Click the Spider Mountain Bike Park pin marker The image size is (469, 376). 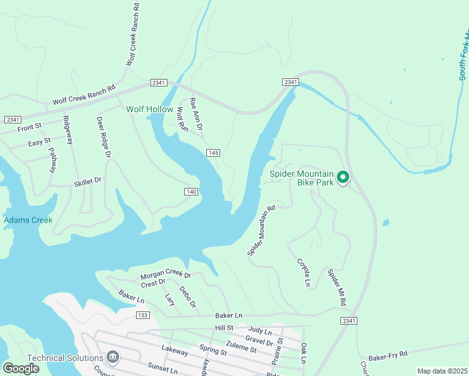(x=343, y=178)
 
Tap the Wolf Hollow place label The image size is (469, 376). (x=149, y=109)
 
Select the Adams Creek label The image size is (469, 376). (x=28, y=221)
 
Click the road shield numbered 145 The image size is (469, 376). (x=213, y=153)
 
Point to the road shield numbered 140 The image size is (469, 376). (x=192, y=191)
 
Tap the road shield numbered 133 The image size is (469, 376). (x=143, y=315)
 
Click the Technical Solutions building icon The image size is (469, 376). (x=113, y=357)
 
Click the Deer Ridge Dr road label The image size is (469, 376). (x=103, y=137)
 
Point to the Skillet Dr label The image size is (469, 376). (x=87, y=182)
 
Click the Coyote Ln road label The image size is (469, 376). (x=303, y=273)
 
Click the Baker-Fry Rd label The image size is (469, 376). (x=388, y=355)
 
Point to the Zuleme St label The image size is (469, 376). (x=241, y=348)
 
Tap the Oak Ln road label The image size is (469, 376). (x=303, y=352)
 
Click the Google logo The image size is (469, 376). (x=21, y=368)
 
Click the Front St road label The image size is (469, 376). (x=29, y=127)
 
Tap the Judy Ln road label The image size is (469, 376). (x=260, y=330)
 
